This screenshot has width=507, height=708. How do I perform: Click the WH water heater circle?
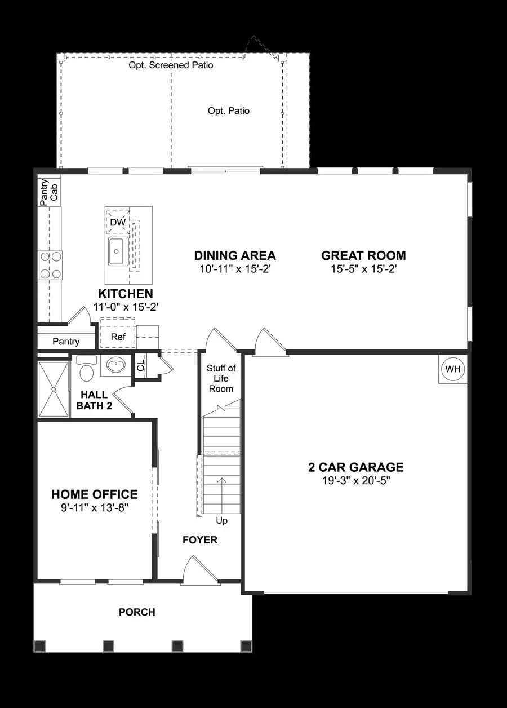pyautogui.click(x=453, y=370)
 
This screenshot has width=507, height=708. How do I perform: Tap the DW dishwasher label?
pyautogui.click(x=118, y=223)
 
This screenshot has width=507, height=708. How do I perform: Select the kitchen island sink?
pyautogui.click(x=117, y=251)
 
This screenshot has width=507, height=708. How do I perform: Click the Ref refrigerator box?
pyautogui.click(x=118, y=337)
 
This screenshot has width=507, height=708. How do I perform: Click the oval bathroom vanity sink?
pyautogui.click(x=116, y=365)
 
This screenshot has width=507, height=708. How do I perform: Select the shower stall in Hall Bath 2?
pyautogui.click(x=53, y=389)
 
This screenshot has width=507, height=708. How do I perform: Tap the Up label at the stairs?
pyautogui.click(x=222, y=520)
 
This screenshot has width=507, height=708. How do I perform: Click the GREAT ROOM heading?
pyautogui.click(x=363, y=255)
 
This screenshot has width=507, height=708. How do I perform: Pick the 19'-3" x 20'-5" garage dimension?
pyautogui.click(x=356, y=480)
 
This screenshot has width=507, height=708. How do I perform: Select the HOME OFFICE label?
pyautogui.click(x=95, y=494)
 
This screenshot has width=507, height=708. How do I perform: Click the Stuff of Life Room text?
pyautogui.click(x=221, y=378)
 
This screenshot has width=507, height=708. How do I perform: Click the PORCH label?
pyautogui.click(x=137, y=612)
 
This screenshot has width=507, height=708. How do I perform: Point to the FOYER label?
pyautogui.click(x=200, y=540)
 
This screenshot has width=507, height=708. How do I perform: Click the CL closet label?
pyautogui.click(x=141, y=367)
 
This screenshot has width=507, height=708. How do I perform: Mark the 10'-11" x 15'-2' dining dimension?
pyautogui.click(x=235, y=269)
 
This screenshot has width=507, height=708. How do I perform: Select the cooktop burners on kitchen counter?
pyautogui.click(x=50, y=265)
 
